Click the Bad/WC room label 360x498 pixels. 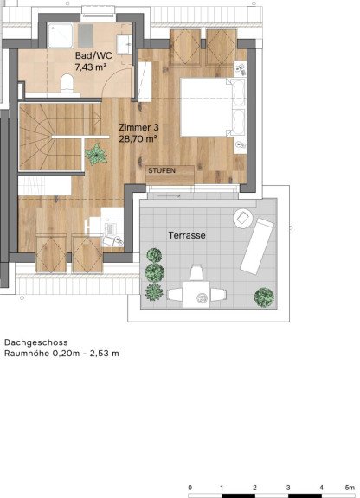click(x=93, y=55)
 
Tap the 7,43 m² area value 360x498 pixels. click(x=90, y=67)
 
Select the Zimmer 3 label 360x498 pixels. click(x=138, y=127)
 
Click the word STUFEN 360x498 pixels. click(x=162, y=170)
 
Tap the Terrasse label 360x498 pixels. click(x=187, y=235)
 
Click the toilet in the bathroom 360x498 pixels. click(x=67, y=84)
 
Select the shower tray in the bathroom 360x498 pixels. click(x=61, y=35)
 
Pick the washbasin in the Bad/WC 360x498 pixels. click(x=124, y=44)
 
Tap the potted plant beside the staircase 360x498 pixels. click(x=96, y=155)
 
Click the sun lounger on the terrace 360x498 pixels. click(x=257, y=246)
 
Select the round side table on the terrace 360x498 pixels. click(x=243, y=218)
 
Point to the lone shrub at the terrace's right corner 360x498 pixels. click(x=264, y=297)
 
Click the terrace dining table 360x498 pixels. click(x=196, y=295)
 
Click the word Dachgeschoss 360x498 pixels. click(x=36, y=342)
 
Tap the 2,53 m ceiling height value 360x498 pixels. click(x=105, y=353)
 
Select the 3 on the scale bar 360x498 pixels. click(x=288, y=488)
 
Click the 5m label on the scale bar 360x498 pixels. click(x=350, y=488)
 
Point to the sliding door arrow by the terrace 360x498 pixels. click(x=169, y=196)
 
